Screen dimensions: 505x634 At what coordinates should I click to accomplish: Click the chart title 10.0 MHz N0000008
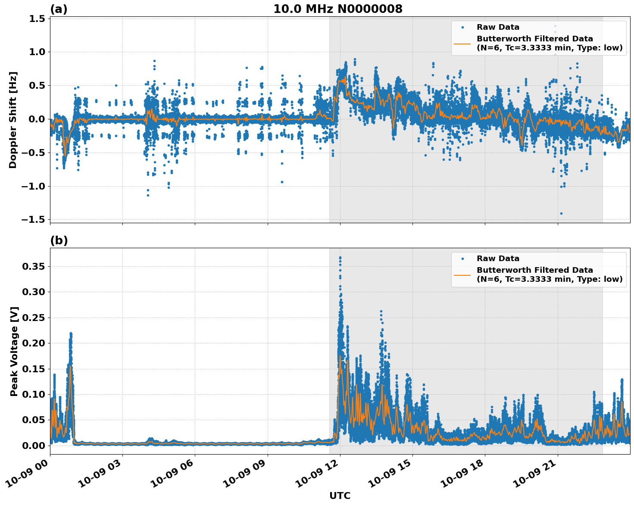pyautogui.click(x=338, y=9)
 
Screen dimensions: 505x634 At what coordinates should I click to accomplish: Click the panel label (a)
pyautogui.click(x=59, y=9)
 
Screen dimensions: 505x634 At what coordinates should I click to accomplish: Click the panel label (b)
pyautogui.click(x=59, y=240)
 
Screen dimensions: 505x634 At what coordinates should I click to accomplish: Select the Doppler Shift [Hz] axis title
pyautogui.click(x=13, y=120)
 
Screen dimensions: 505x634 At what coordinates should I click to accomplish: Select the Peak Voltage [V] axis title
pyautogui.click(x=14, y=351)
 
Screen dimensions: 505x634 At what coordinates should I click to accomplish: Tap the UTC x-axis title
pyautogui.click(x=340, y=496)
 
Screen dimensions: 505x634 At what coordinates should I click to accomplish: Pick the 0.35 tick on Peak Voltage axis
pyautogui.click(x=33, y=267)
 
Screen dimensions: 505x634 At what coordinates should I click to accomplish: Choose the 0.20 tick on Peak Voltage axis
pyautogui.click(x=33, y=343)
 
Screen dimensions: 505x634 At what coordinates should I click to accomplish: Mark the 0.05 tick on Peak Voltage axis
pyautogui.click(x=33, y=420)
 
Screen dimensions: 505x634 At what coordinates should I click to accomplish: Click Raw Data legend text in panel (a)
pyautogui.click(x=498, y=27)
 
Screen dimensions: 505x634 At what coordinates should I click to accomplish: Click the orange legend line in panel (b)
pyautogui.click(x=462, y=274)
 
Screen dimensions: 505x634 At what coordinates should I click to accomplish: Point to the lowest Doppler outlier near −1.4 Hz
pyautogui.click(x=561, y=213)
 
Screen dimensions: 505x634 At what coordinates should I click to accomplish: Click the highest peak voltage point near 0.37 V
pyautogui.click(x=340, y=258)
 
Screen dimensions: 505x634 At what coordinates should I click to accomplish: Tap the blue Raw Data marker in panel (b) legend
pyautogui.click(x=462, y=259)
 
